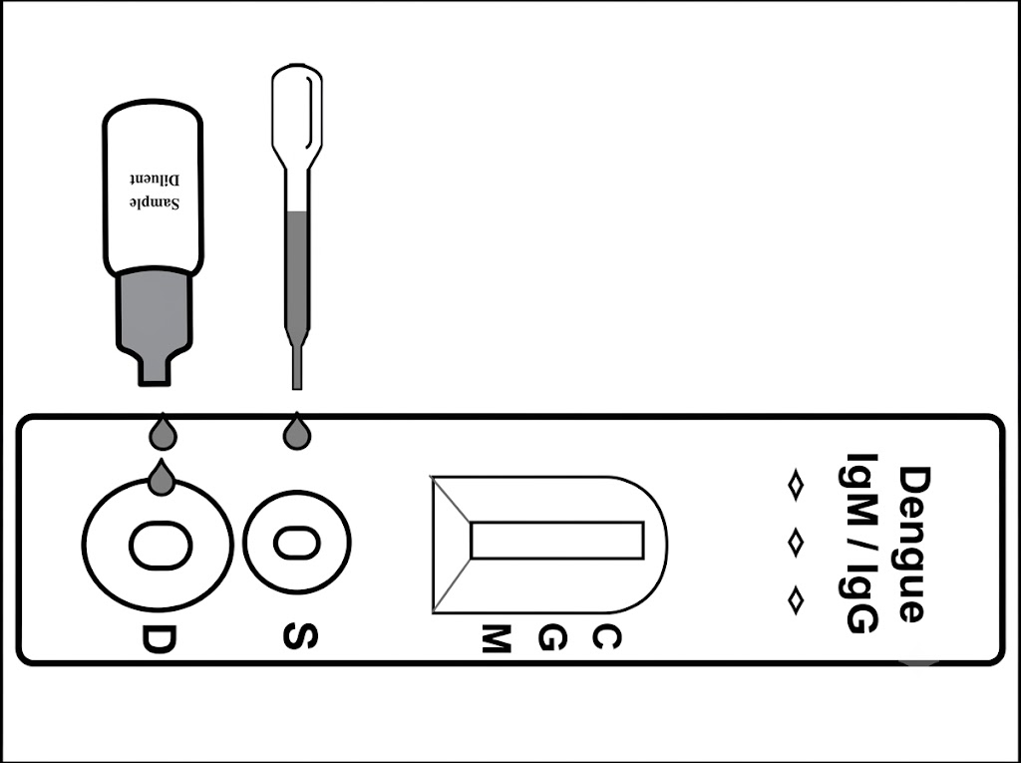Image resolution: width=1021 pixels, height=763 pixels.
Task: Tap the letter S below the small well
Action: tap(300, 636)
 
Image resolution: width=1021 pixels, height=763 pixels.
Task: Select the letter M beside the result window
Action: tap(496, 638)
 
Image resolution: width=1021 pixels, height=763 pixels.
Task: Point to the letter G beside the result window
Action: tap(552, 638)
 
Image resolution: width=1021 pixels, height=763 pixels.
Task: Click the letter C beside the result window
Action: tap(606, 637)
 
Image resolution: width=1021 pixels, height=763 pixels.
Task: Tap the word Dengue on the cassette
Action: tap(914, 545)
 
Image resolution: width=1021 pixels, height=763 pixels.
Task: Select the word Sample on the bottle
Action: tap(155, 202)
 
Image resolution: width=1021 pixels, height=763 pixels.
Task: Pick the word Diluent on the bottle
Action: tap(155, 179)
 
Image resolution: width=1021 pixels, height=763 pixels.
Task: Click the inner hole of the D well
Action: tap(161, 546)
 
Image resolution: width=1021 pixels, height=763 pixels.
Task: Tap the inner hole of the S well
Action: tap(297, 544)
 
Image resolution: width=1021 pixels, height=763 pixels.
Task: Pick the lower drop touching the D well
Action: tap(162, 478)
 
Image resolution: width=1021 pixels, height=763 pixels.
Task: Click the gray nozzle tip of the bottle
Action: tap(155, 371)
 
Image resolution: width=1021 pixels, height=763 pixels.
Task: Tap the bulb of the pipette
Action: tap(297, 108)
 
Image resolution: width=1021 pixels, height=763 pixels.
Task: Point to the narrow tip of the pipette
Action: tap(297, 367)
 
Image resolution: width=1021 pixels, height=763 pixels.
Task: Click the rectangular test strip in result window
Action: tap(557, 541)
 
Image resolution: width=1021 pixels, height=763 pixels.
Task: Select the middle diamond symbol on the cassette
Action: tap(796, 543)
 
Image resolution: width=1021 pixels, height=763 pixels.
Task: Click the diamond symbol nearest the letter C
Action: tap(796, 600)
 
